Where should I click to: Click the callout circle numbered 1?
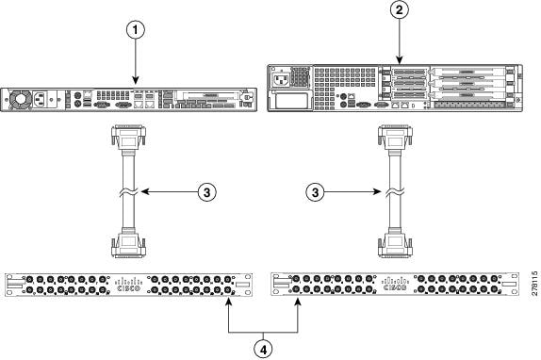[139, 28]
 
